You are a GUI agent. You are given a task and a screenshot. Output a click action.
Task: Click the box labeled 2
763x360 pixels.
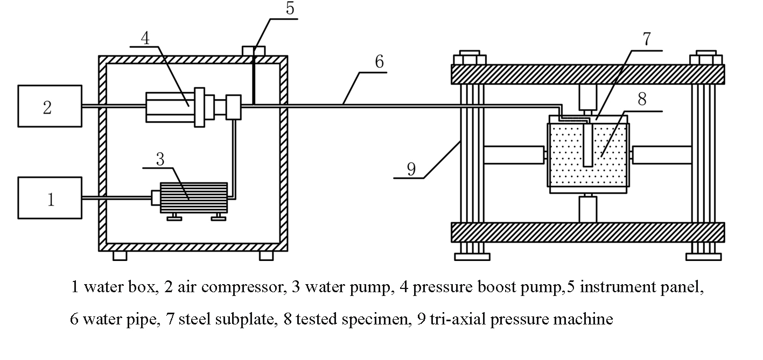click(x=50, y=106)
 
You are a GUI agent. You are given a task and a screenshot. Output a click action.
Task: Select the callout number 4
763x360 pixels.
click(x=145, y=38)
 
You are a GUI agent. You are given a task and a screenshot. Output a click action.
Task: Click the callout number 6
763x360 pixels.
click(x=379, y=62)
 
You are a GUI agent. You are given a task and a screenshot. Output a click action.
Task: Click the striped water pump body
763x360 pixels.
click(x=186, y=197)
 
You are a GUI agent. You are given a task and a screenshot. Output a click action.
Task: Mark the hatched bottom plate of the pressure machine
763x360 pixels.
click(x=587, y=232)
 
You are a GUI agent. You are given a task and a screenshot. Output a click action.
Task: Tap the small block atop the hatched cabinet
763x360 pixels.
click(x=253, y=51)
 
